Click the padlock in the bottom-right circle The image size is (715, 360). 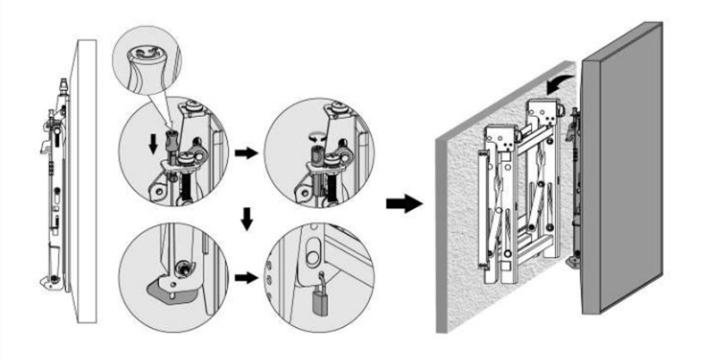319,303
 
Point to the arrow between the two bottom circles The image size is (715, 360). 242,278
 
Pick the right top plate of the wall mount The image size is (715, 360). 542,113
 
